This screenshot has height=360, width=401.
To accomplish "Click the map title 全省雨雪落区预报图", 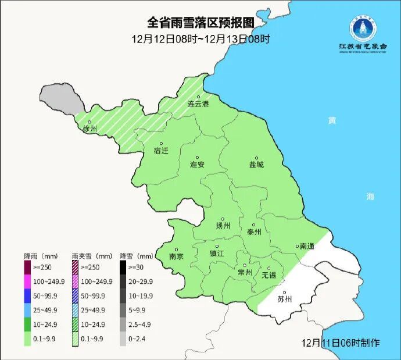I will [x=201, y=23].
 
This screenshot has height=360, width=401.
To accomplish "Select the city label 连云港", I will [x=198, y=104].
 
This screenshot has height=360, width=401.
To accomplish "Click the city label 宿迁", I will [x=161, y=151].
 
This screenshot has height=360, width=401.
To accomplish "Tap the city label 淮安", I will [x=198, y=165].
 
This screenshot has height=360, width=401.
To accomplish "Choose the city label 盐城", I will [x=256, y=165].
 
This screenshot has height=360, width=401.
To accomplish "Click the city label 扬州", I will [x=223, y=226].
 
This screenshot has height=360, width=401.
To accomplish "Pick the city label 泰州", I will [x=254, y=231].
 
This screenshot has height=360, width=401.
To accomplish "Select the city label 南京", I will [x=176, y=256].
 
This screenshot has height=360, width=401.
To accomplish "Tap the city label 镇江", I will [x=217, y=254].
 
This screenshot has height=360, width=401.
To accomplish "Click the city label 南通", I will [x=306, y=247].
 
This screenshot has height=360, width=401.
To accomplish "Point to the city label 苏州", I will [x=285, y=300].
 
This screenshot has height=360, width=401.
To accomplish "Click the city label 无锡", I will [x=269, y=275].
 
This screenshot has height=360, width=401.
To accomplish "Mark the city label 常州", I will [x=245, y=272].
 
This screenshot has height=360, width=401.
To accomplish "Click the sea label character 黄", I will [x=331, y=120].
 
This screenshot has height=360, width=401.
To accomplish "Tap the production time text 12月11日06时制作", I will [x=341, y=343].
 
